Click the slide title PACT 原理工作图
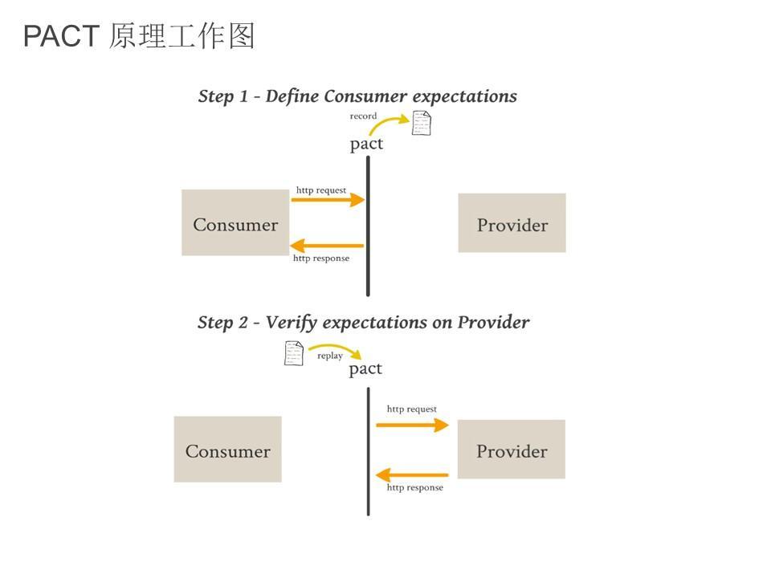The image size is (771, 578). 139,37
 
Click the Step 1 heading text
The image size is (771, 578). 357,96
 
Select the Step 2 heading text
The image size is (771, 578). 363,323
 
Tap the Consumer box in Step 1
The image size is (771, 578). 235,223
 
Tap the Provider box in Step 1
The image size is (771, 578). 512,223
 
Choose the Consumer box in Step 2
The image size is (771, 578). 227,450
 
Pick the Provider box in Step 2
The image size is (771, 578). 511,450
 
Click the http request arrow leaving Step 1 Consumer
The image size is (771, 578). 327,200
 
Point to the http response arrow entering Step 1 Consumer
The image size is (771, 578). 327,246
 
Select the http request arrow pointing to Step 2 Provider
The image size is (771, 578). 412,425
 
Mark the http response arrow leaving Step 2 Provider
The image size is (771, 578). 412,475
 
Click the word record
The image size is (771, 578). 363,116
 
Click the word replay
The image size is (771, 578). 330,356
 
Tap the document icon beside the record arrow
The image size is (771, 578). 421,123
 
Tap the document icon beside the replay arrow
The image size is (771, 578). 294,353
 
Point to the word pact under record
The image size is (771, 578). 366,144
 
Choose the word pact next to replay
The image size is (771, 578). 365,369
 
